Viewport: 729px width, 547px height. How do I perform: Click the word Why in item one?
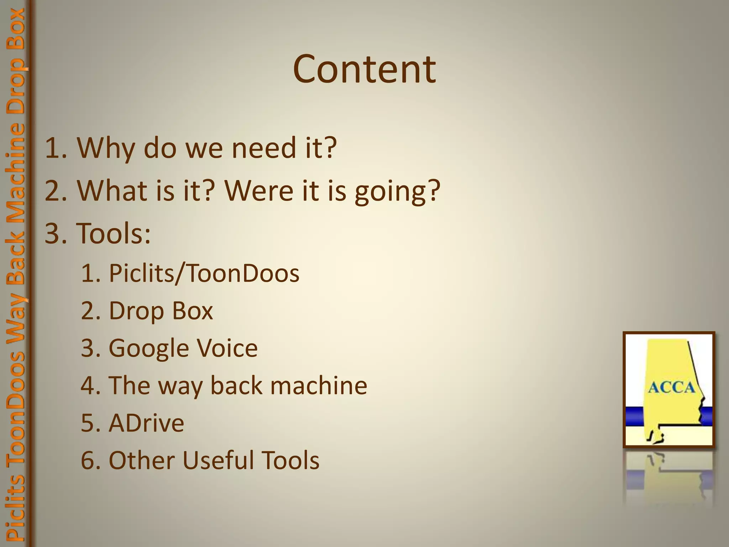click(106, 148)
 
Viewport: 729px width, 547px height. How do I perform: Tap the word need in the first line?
click(264, 148)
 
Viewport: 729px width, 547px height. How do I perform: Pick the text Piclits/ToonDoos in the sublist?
click(204, 273)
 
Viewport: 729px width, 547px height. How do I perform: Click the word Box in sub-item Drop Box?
click(192, 311)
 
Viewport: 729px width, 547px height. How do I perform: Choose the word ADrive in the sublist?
click(146, 423)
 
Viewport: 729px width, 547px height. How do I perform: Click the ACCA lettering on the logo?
click(671, 387)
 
